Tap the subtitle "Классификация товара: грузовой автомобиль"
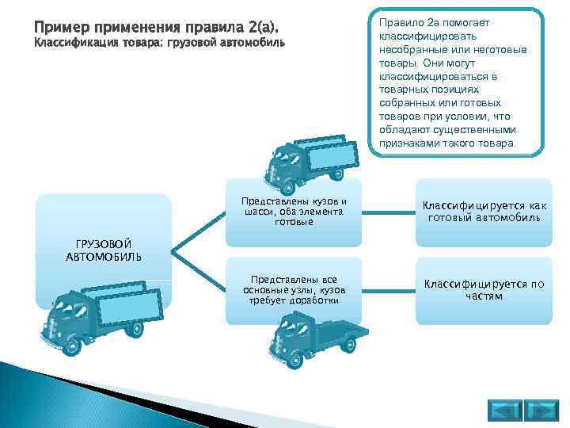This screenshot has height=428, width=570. (x=158, y=44)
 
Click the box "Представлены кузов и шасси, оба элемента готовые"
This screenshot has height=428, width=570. (x=294, y=212)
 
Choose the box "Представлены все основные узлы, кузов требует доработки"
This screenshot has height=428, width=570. (x=294, y=290)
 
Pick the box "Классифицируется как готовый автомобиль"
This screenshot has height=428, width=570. (x=484, y=212)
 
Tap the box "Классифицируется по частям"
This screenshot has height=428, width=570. (x=484, y=289)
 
